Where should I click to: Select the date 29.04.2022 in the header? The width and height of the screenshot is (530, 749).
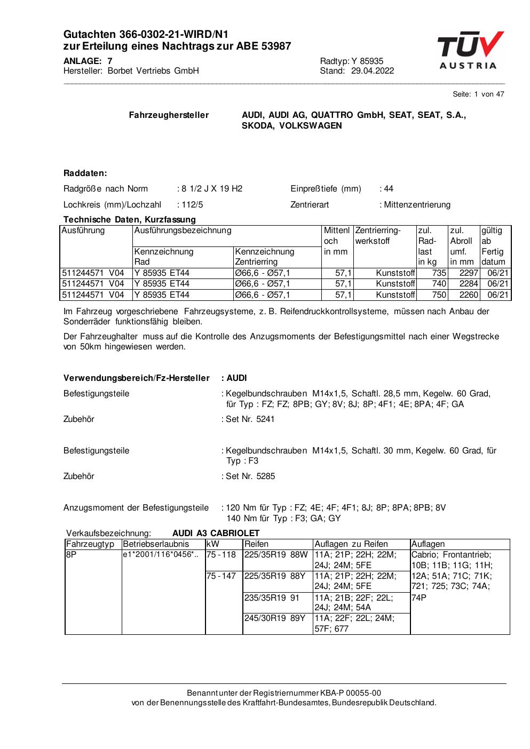coord(373,71)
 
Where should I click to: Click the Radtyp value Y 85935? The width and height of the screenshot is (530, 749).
coord(367,61)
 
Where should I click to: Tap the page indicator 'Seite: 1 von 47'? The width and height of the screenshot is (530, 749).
coord(478,94)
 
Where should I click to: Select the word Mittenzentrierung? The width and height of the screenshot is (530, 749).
coord(417,205)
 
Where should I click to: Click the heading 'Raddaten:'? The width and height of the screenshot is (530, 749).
coord(85,173)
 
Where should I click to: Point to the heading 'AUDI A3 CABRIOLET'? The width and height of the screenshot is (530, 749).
coord(216,533)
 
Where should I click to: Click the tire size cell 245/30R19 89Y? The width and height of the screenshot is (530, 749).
coord(274,618)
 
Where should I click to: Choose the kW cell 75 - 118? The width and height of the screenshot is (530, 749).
coord(221,555)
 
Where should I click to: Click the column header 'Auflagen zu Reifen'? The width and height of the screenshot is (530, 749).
coord(351,544)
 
